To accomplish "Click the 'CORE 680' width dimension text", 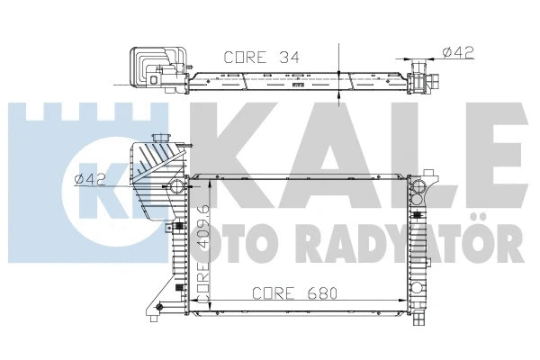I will tap(290, 292).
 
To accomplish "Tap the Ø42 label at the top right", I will tap(459, 51).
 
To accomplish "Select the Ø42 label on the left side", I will tap(92, 179).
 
